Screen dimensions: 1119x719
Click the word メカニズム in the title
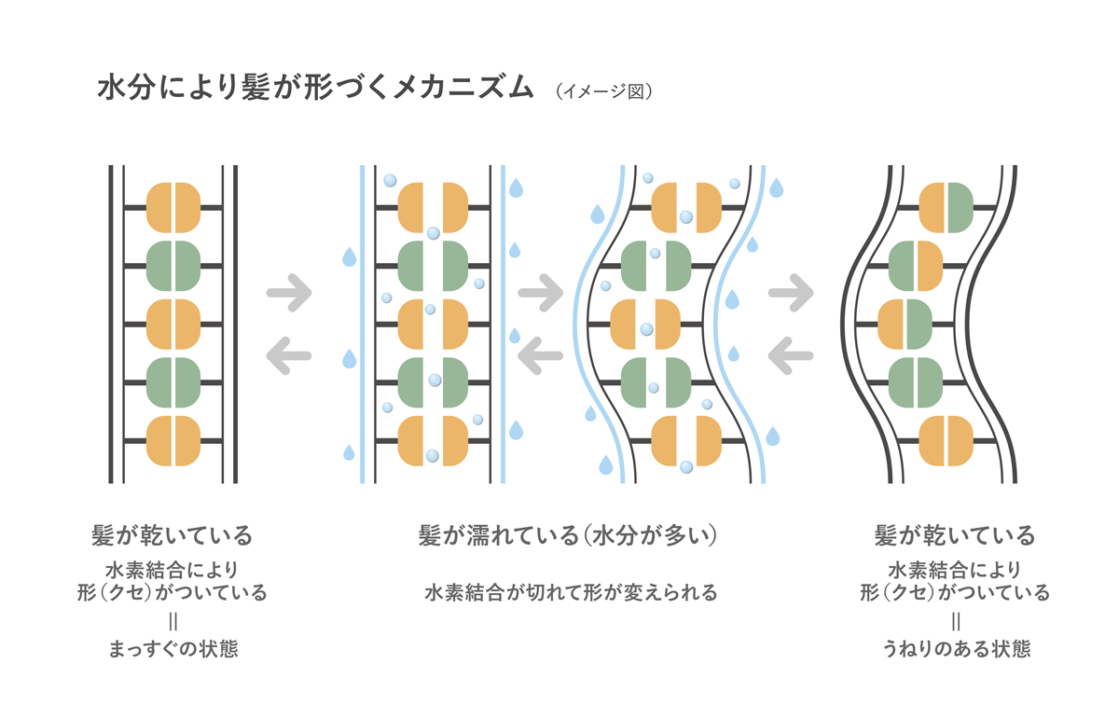[463, 88]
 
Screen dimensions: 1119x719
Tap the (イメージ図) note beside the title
[604, 91]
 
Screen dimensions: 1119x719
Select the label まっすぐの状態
[173, 648]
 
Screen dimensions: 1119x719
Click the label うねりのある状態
[956, 648]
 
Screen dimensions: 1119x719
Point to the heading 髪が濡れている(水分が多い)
[569, 535]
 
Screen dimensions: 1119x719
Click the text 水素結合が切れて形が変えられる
[571, 592]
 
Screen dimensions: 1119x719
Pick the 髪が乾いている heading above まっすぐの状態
[172, 535]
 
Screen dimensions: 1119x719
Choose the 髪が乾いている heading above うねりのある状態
[955, 535]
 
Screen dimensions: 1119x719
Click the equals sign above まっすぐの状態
[173, 622]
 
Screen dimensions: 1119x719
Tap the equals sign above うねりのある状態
[956, 622]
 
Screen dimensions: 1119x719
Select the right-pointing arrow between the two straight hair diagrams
[289, 292]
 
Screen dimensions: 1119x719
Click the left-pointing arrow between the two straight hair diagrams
[289, 355]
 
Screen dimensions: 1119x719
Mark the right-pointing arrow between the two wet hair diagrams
[541, 292]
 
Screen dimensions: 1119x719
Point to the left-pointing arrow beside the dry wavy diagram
[791, 355]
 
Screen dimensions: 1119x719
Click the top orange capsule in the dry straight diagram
[173, 207]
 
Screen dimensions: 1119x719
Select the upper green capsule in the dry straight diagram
[173, 266]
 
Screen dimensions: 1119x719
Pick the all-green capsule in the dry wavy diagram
[916, 382]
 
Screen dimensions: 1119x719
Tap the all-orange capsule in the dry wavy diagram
[946, 441]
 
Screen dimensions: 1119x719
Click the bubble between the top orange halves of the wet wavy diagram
[686, 217]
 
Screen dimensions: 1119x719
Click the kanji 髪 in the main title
[256, 88]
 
